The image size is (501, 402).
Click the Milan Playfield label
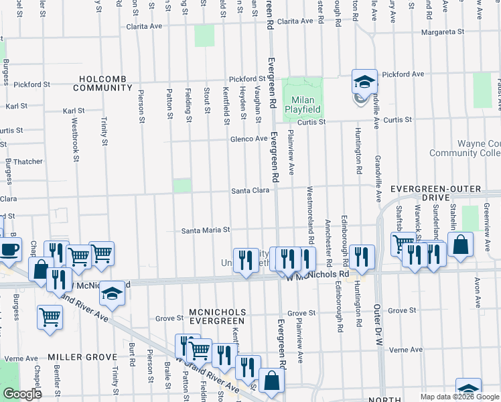point(302,103)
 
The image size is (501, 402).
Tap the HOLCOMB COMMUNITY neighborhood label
point(102,82)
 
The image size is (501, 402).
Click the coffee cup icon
point(9,250)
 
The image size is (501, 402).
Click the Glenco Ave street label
point(248,139)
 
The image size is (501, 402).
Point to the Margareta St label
point(441,31)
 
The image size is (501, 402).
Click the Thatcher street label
point(28,161)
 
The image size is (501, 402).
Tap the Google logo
point(21,394)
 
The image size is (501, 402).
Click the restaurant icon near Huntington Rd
point(362,258)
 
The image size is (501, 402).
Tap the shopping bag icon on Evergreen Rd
point(271,381)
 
